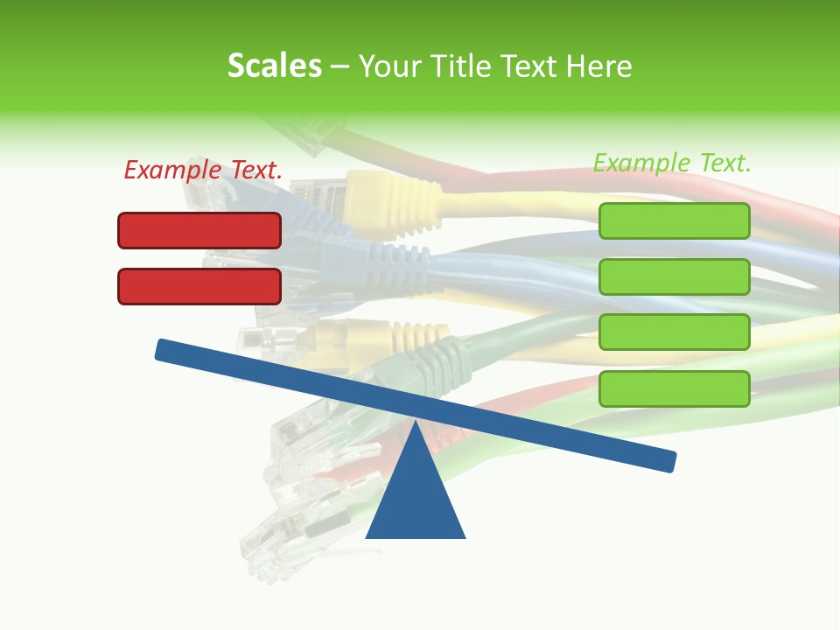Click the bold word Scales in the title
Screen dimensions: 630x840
tap(274, 66)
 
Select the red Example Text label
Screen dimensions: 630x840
tap(203, 170)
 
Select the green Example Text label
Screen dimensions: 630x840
tap(672, 163)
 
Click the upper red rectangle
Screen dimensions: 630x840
tap(199, 230)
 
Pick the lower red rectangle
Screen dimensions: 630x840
tap(199, 286)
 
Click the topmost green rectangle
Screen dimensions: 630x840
tap(674, 220)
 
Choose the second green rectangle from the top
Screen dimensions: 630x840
tap(674, 276)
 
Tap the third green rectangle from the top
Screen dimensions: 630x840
tap(674, 332)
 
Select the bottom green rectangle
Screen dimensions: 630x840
tap(674, 388)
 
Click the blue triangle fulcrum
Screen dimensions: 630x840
tap(415, 499)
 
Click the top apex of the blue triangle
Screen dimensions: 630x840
tap(415, 423)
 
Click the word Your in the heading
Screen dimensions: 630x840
tap(391, 66)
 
